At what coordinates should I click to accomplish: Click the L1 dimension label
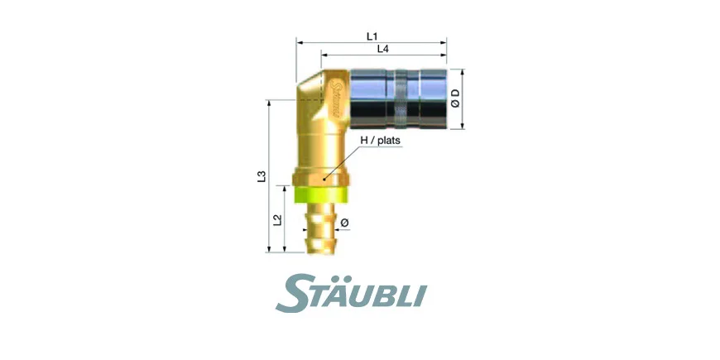point(372,36)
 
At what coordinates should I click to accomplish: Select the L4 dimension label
point(383,49)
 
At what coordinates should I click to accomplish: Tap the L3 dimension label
point(262,176)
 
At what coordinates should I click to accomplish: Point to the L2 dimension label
point(277,220)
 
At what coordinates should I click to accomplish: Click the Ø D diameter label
point(455,98)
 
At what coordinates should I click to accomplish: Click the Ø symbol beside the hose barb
point(344,223)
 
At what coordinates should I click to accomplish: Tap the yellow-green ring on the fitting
point(320,194)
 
